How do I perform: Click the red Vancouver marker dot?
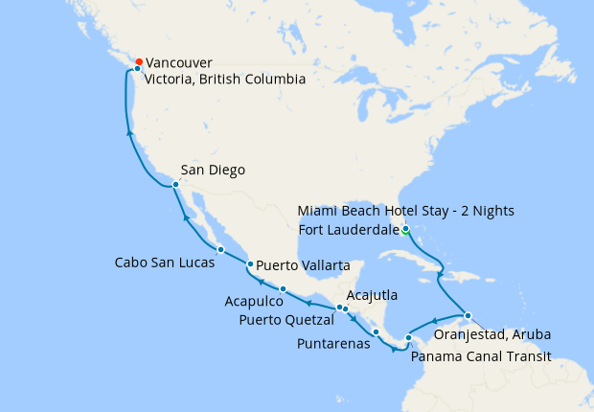click(x=140, y=62)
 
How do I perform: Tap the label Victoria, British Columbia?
click(x=225, y=80)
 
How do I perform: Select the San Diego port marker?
click(x=175, y=184)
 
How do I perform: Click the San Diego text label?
click(x=213, y=171)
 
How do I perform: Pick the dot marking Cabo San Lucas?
click(x=221, y=250)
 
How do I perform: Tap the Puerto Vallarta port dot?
click(x=250, y=264)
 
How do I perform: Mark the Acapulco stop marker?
click(x=284, y=288)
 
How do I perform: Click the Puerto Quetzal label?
click(x=285, y=320)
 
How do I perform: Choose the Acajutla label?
click(x=372, y=296)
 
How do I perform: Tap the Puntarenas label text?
click(x=334, y=343)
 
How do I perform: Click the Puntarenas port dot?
click(x=377, y=332)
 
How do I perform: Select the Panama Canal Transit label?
click(x=480, y=356)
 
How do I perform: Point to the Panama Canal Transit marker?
click(x=409, y=337)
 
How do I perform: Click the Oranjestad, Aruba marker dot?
click(x=468, y=315)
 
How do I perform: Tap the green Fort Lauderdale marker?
click(x=406, y=229)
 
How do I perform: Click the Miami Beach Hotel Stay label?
click(x=406, y=211)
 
